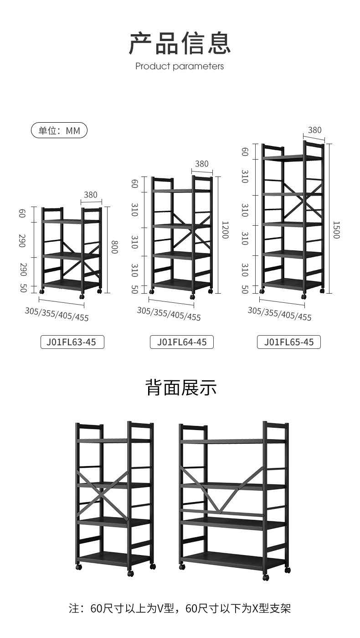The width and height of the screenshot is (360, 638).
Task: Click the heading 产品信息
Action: click(x=180, y=43)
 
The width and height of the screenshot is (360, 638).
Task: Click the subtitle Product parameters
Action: click(x=180, y=66)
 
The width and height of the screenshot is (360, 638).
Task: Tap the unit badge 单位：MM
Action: click(x=59, y=131)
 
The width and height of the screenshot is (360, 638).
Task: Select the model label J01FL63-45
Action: click(x=72, y=342)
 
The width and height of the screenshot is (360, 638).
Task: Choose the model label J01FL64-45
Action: click(x=181, y=342)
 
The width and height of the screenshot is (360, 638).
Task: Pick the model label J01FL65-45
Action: click(x=289, y=342)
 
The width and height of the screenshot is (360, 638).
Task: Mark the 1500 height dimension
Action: click(x=336, y=230)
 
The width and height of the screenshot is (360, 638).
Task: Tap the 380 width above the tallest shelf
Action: click(x=314, y=130)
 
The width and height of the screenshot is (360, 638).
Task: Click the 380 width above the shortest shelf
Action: click(x=91, y=195)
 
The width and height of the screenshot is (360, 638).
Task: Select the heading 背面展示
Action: click(x=181, y=388)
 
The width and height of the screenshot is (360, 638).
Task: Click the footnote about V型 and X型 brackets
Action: click(x=180, y=608)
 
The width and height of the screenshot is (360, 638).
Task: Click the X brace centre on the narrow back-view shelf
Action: click(x=103, y=496)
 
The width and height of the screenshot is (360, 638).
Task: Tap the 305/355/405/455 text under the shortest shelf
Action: click(x=57, y=314)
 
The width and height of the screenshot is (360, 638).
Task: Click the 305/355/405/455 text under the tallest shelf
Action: click(x=279, y=314)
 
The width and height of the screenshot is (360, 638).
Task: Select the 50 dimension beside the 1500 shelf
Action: click(x=245, y=289)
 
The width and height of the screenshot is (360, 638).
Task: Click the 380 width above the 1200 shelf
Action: click(x=201, y=164)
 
